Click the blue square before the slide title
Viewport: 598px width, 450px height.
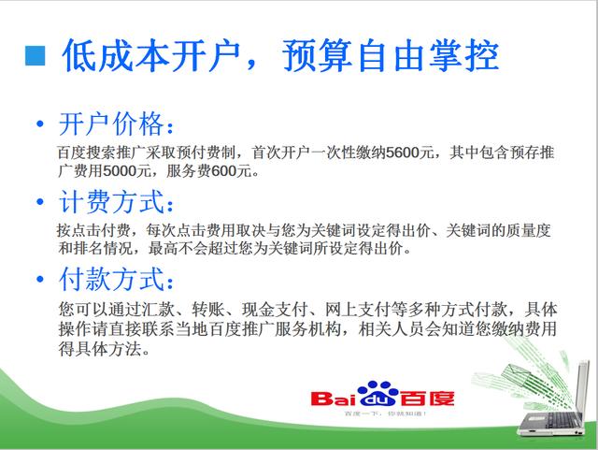click(35, 54)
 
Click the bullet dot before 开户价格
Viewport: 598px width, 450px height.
click(38, 126)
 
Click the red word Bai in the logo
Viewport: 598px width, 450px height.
click(333, 399)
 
